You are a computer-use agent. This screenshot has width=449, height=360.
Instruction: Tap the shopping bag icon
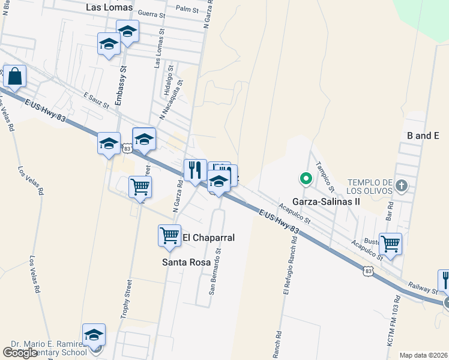click(14, 77)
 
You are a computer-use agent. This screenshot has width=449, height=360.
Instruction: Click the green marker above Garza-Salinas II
click(306, 178)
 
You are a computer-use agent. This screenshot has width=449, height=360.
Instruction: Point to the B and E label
click(423, 136)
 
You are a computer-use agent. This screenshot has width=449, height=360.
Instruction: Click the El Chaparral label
click(208, 238)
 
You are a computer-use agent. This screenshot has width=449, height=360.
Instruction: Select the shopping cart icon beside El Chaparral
click(169, 235)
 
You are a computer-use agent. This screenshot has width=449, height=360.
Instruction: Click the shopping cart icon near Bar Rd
click(390, 244)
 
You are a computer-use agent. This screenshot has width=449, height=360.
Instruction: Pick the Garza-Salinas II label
click(326, 202)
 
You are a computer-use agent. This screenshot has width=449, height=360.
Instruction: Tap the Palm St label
click(187, 8)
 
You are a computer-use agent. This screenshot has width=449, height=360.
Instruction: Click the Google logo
click(20, 353)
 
